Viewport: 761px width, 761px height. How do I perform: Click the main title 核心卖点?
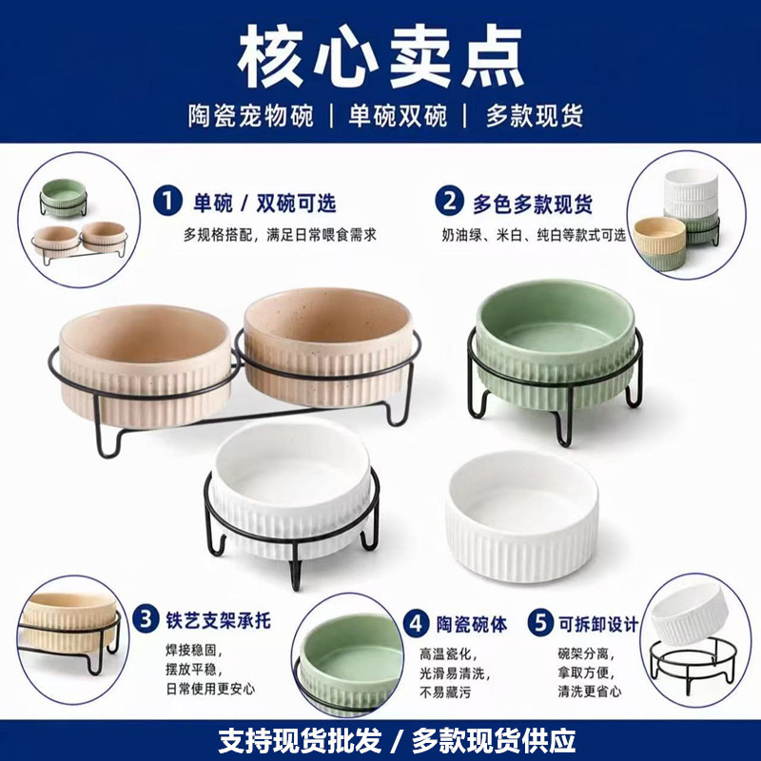[380, 56]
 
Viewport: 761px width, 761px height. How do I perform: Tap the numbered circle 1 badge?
[167, 202]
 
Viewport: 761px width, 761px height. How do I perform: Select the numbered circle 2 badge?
[449, 202]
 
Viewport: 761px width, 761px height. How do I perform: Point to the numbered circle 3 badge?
[146, 620]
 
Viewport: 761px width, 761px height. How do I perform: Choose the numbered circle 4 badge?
[416, 624]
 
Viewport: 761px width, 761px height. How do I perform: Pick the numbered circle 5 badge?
[540, 623]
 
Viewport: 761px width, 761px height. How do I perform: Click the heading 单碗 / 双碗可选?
[264, 203]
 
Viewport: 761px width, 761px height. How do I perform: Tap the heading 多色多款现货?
[533, 204]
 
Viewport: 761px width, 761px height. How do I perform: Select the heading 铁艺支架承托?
[218, 621]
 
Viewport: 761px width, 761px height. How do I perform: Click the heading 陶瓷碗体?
[471, 624]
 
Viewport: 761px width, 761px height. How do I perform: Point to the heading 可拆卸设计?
[598, 624]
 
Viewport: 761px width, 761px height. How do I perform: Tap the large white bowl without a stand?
[522, 516]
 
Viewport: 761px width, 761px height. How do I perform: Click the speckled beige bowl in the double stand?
[328, 347]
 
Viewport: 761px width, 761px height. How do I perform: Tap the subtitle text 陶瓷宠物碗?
[251, 116]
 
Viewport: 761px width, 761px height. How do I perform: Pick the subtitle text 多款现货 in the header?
[535, 116]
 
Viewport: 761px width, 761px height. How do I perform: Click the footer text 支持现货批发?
[300, 740]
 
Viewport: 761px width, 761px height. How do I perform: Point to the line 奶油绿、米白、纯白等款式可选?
[534, 235]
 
